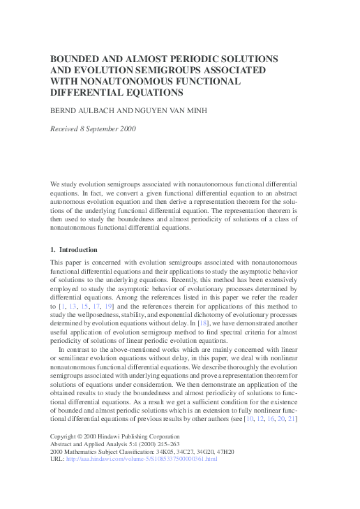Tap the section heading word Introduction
[x=78, y=249]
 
